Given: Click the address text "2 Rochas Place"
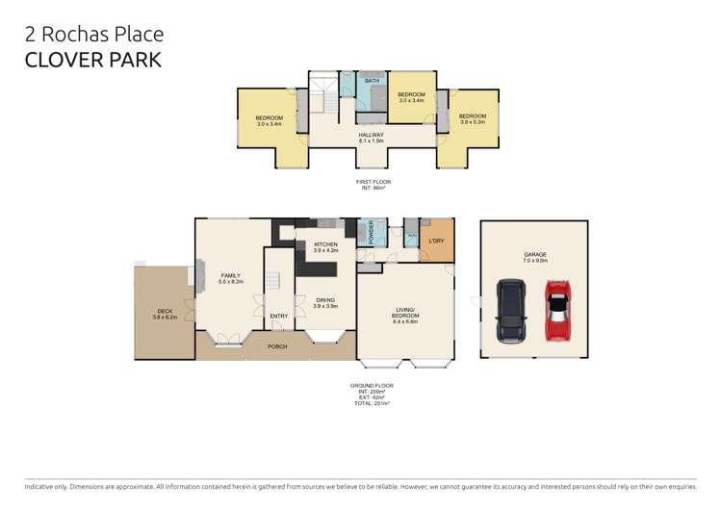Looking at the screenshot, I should [x=93, y=35].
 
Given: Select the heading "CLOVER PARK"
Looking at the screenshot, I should [x=92, y=60].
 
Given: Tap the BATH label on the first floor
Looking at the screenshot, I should [x=372, y=81].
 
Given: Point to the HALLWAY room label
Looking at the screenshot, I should [x=371, y=135].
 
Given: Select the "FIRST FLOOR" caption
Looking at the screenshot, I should [x=373, y=182].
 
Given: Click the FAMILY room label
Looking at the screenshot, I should [x=230, y=275].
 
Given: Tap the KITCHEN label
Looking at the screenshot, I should [x=325, y=244].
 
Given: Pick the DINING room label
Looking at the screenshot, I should [x=325, y=300].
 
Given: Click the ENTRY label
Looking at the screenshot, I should [x=278, y=316].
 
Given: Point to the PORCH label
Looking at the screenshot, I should [x=277, y=346].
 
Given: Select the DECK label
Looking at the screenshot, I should [x=165, y=311].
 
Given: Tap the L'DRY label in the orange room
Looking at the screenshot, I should [x=436, y=241].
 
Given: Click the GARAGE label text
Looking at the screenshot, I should [x=534, y=255].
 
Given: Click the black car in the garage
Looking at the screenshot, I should [x=510, y=311].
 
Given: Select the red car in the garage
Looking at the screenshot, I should [x=556, y=311].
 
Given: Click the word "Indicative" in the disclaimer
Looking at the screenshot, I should [x=40, y=487].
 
